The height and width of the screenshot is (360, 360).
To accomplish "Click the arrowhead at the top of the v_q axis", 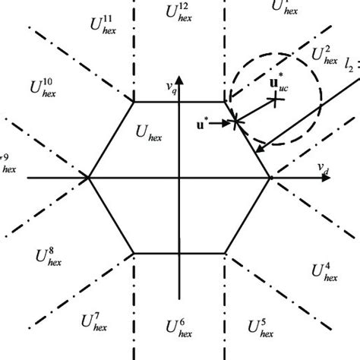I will pyautogui.click(x=180, y=76).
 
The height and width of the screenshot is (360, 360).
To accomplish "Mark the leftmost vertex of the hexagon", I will pyautogui.click(x=89, y=177).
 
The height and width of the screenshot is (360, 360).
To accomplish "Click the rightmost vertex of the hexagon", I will pyautogui.click(x=271, y=177).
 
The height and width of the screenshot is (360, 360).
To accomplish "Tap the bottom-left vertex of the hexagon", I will pyautogui.click(x=134, y=253).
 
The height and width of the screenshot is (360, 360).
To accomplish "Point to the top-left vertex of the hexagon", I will pyautogui.click(x=134, y=101).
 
